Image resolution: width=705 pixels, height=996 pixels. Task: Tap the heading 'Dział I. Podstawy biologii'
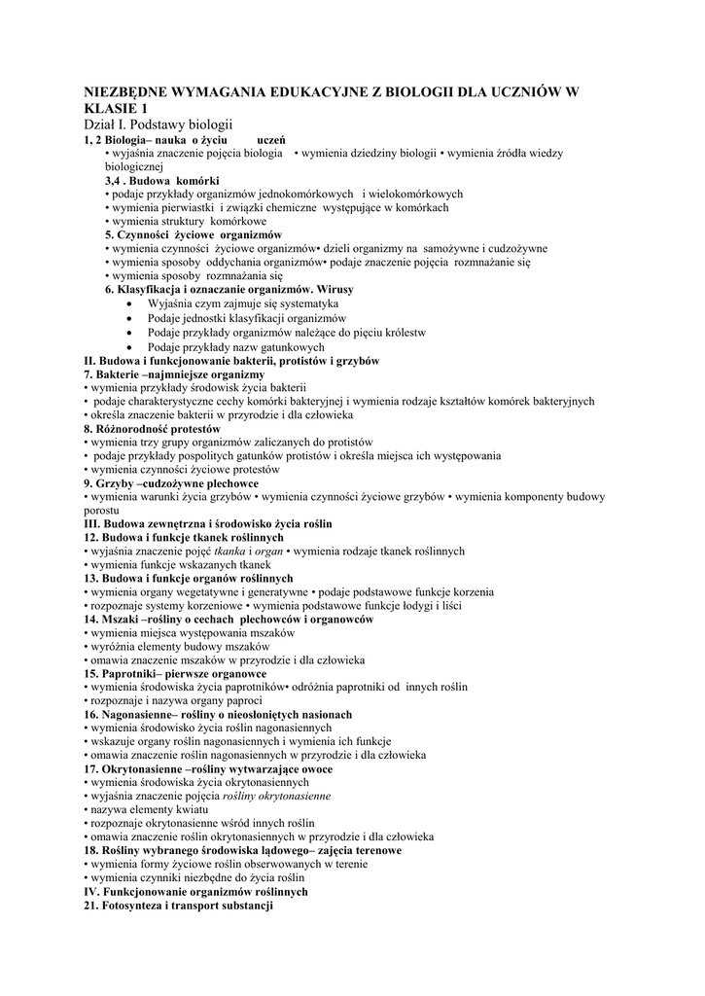(159, 124)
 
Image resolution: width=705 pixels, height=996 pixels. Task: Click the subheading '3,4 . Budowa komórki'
(161, 181)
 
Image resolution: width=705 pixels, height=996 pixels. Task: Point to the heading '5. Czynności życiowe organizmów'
(194, 235)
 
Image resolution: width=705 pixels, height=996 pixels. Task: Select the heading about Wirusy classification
(229, 290)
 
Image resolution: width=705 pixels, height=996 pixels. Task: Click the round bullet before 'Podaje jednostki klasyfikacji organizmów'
(131, 318)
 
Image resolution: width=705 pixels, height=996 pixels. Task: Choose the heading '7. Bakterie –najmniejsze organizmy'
(174, 374)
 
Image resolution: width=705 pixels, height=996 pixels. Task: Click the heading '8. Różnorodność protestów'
(153, 429)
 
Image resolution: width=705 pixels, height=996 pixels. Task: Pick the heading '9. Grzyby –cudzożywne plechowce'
(171, 483)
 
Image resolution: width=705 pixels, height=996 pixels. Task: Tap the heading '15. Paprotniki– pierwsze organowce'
(175, 673)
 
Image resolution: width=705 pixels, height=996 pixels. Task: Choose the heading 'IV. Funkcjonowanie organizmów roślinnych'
(196, 891)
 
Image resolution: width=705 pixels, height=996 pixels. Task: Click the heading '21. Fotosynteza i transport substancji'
(179, 905)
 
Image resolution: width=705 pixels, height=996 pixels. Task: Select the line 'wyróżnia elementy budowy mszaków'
(180, 646)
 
